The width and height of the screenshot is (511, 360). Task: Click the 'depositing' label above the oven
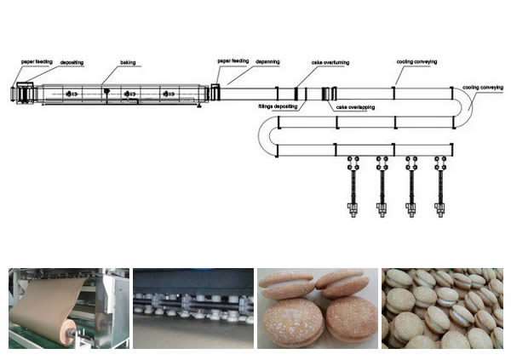pyautogui.click(x=72, y=62)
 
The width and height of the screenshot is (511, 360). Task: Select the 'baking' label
pyautogui.click(x=128, y=62)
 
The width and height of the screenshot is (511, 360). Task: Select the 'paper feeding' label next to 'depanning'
pyautogui.click(x=233, y=61)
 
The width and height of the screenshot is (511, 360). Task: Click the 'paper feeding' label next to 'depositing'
pyautogui.click(x=37, y=62)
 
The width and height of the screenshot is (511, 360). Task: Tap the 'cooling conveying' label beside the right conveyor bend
pyautogui.click(x=482, y=87)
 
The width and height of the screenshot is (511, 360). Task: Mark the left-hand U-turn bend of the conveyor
pyautogui.click(x=265, y=136)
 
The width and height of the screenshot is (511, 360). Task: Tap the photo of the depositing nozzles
pyautogui.click(x=192, y=308)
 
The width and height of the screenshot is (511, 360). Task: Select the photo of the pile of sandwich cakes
pyautogui.click(x=442, y=308)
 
